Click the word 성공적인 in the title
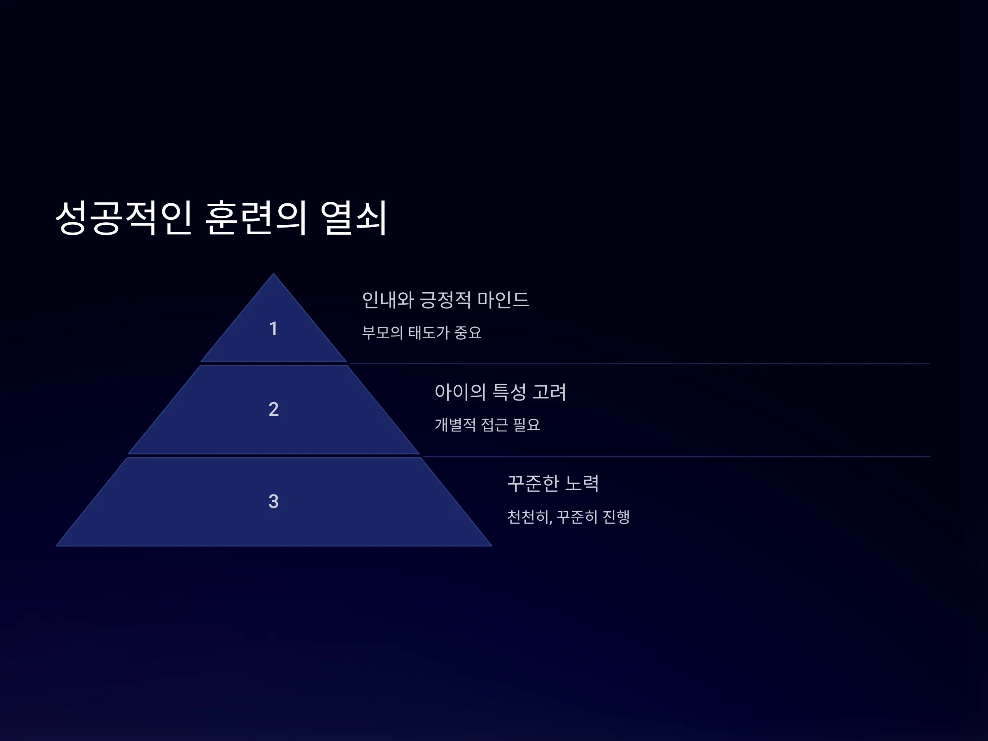124,217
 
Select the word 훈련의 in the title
256,217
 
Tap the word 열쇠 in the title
353,217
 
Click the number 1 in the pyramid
273,329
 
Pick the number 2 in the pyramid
273,409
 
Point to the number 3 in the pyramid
273,501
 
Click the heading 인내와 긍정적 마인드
445,300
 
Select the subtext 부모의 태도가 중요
422,332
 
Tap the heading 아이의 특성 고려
500,392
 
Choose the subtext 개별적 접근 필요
487,424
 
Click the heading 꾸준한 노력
553,483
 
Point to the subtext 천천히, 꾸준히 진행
569,517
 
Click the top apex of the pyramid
273,273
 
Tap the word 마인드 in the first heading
503,300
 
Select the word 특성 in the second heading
509,392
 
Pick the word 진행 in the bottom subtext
616,517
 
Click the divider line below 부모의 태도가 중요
640,364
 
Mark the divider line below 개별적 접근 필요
677,456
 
